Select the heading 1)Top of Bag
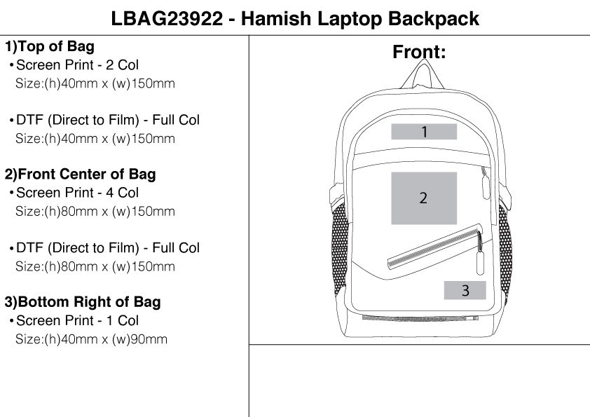coord(50,47)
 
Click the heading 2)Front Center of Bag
coord(81,175)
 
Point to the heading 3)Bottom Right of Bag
coord(83,302)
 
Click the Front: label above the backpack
coord(419,53)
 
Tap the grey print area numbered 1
coord(424,132)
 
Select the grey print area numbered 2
coord(423,198)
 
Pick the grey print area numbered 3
coord(465,290)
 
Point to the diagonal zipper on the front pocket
coord(434,245)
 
